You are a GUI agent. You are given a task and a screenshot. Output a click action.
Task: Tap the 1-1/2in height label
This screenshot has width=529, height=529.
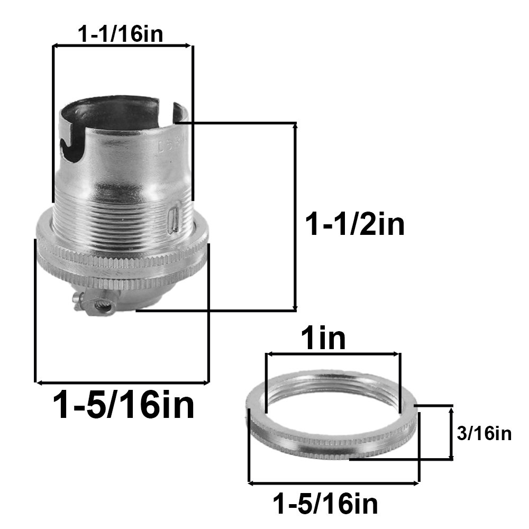(354, 224)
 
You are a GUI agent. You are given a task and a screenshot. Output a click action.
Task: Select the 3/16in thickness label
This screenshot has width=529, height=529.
(484, 433)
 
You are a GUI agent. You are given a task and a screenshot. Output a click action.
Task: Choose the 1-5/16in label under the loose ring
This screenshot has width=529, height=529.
(325, 504)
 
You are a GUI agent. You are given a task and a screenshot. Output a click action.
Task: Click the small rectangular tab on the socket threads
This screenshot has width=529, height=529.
(174, 221)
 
